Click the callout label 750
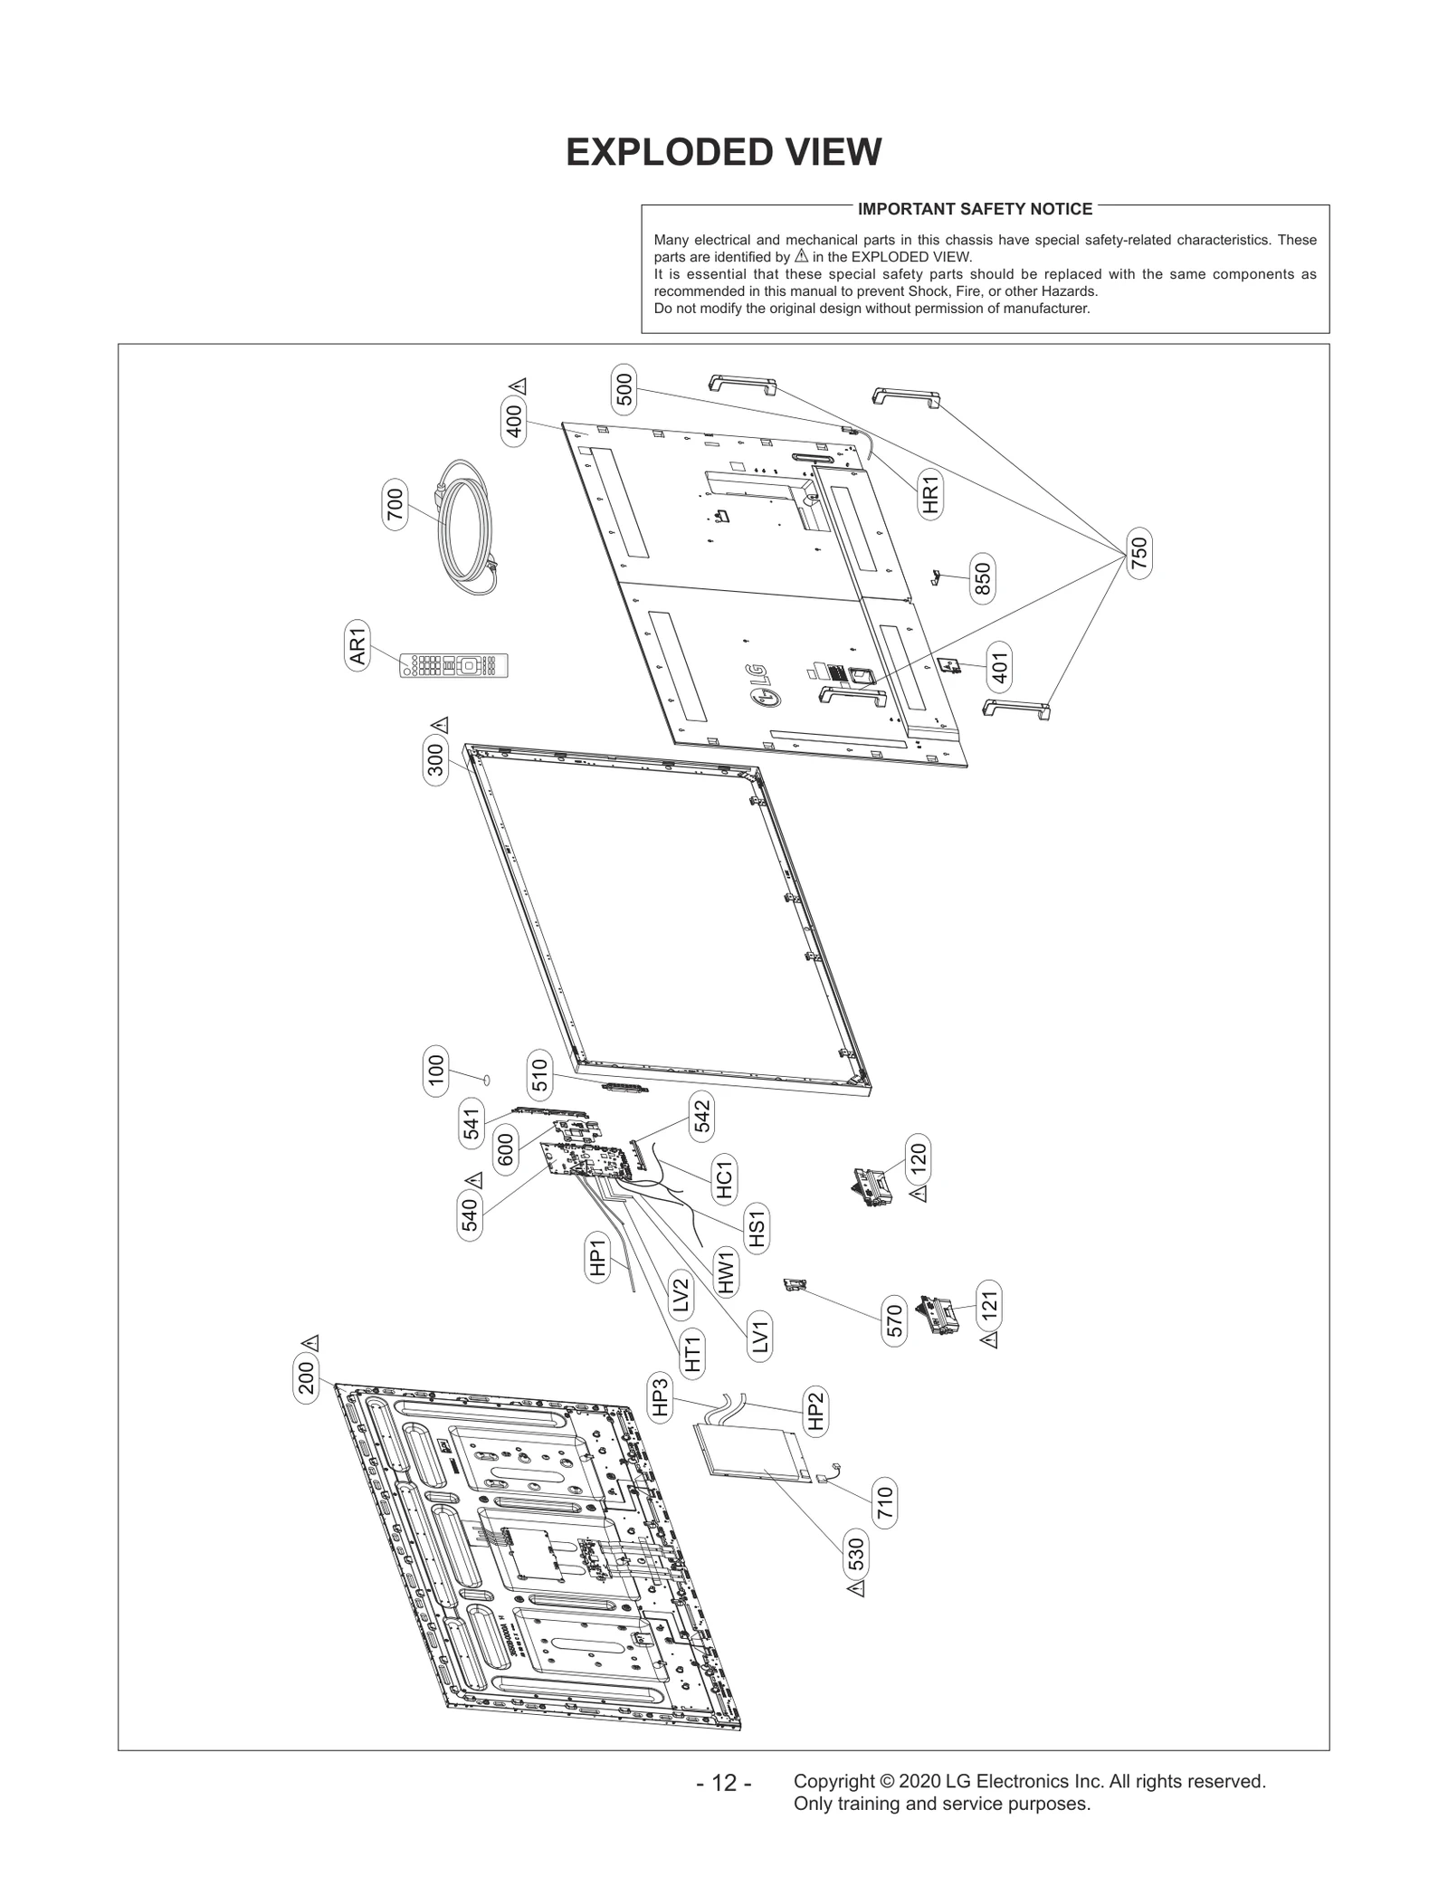coord(1139,554)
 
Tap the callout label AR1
coord(358,646)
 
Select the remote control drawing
coord(454,666)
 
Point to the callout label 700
coord(395,504)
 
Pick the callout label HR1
coord(930,493)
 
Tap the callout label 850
coord(982,578)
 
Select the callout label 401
coord(999,666)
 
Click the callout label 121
coord(989,1304)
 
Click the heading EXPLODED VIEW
coord(723,152)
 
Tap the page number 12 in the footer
coord(723,1784)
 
